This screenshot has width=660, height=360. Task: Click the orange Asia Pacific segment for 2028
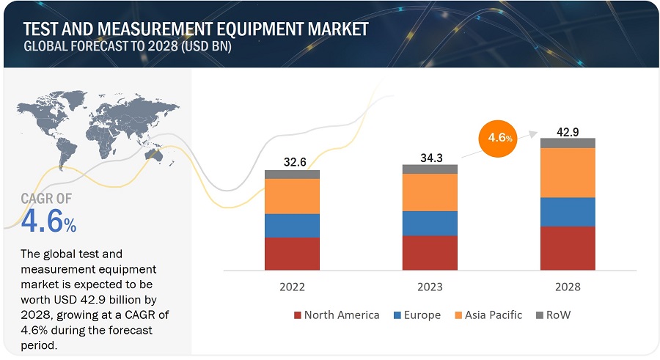[567, 172]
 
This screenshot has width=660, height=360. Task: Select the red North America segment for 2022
[292, 253]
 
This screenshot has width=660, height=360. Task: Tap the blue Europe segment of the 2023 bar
[430, 223]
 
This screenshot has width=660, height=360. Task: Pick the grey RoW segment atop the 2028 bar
[567, 143]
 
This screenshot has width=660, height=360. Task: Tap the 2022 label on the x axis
[292, 287]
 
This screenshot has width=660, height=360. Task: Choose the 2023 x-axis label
[430, 287]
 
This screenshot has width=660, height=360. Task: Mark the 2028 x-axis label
[567, 287]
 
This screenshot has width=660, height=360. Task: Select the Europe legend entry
[418, 315]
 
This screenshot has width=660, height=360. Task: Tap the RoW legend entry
[555, 315]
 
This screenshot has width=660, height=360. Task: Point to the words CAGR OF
[48, 197]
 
